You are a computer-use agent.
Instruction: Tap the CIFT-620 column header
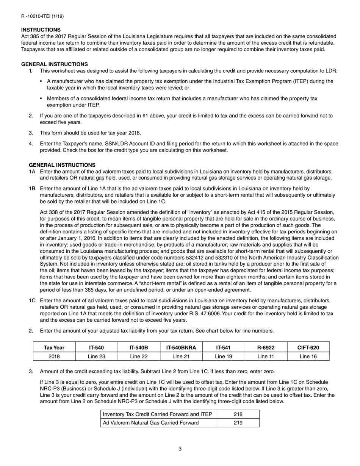pyautogui.click(x=308, y=347)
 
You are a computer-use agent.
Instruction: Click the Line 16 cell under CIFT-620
pyautogui.click(x=308, y=356)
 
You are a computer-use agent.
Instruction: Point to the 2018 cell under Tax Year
pyautogui.click(x=54, y=356)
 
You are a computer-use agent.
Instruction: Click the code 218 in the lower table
pyautogui.click(x=238, y=414)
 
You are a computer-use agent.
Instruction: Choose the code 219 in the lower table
pyautogui.click(x=238, y=423)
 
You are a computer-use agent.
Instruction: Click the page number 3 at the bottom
pyautogui.click(x=180, y=449)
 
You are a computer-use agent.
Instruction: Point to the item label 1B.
pyautogui.click(x=33, y=188)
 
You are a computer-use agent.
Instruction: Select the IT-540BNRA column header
pyautogui.click(x=181, y=347)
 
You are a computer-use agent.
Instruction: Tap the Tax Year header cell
pyautogui.click(x=54, y=347)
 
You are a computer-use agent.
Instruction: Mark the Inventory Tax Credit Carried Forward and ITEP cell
pyautogui.click(x=157, y=414)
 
